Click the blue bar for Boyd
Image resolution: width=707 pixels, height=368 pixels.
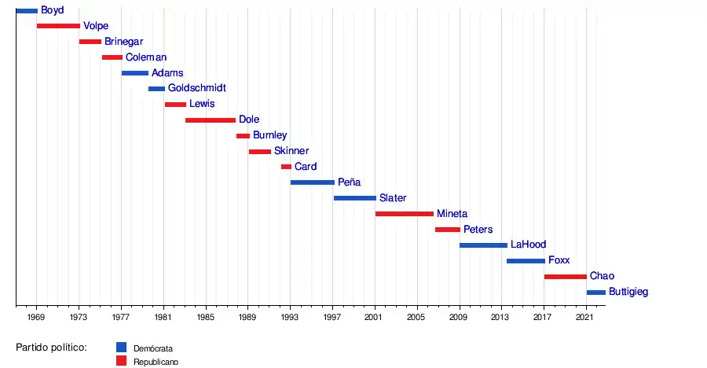coord(27,10)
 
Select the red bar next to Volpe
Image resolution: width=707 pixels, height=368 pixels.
coord(58,26)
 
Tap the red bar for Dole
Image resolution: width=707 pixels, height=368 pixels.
coord(211,120)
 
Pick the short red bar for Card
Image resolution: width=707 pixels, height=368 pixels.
coord(286,167)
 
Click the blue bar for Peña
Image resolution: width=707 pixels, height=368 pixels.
coord(313,182)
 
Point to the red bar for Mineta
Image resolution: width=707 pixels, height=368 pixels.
coord(405,214)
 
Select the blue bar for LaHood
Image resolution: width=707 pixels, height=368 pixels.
coord(483,245)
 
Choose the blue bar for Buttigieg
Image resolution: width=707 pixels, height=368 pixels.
coord(595,293)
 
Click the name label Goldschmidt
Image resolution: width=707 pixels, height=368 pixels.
coord(196,88)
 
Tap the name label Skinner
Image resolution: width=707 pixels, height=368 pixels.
coord(291,151)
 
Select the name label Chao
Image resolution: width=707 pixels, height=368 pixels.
coord(602,276)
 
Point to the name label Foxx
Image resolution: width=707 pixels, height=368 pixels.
coord(559,260)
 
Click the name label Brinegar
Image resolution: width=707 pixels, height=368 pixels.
coord(124,41)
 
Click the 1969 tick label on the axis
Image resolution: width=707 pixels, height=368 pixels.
coord(36,318)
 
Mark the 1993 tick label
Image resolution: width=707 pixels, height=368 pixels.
coord(290,318)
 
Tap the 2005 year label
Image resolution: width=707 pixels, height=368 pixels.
coord(416,318)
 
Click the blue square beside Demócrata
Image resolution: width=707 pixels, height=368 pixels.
coord(121,347)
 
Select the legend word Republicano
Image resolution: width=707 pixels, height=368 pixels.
coord(156,362)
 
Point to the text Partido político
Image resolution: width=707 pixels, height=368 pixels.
coord(51,347)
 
